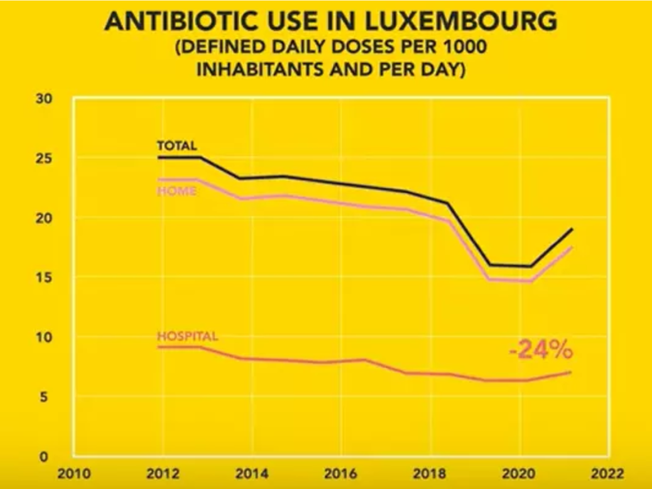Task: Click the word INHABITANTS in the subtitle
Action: [x=261, y=69]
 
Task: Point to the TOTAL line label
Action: [x=177, y=145]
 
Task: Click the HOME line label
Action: [x=176, y=191]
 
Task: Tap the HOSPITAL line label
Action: [x=188, y=336]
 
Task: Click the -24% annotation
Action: [x=541, y=351]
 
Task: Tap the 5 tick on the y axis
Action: [x=46, y=397]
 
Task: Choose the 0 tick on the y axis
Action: [x=46, y=457]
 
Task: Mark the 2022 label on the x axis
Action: [x=607, y=474]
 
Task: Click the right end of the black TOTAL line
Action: [x=572, y=229]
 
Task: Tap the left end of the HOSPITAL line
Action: [x=158, y=347]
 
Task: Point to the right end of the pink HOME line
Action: [x=572, y=247]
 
